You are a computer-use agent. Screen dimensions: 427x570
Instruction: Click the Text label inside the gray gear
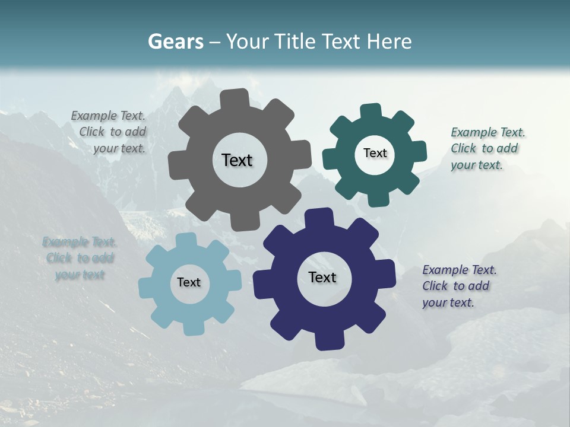pyautogui.click(x=237, y=160)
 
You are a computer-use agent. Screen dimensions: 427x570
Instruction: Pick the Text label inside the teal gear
pyautogui.click(x=375, y=153)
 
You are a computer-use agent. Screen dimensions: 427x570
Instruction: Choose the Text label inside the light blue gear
pyautogui.click(x=189, y=282)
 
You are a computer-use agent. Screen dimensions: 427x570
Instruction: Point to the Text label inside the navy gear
pyautogui.click(x=322, y=277)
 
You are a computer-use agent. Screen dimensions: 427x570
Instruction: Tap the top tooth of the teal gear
pyautogui.click(x=371, y=111)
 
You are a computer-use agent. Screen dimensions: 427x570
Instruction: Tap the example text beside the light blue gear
pyautogui.click(x=80, y=258)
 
